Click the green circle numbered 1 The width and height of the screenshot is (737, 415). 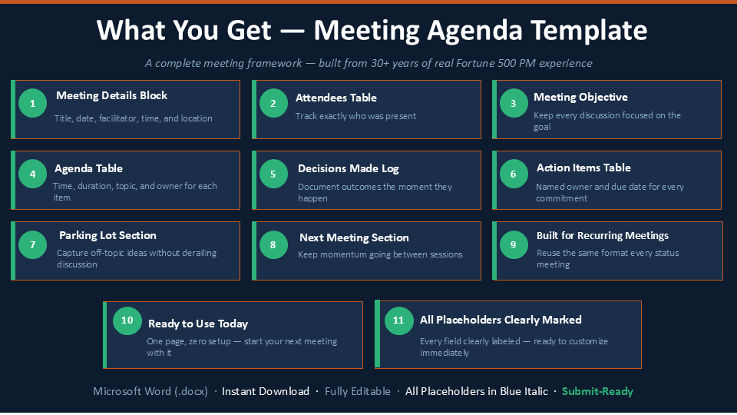coord(32,103)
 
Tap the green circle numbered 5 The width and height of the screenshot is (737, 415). coord(273,174)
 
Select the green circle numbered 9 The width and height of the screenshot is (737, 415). coord(514,244)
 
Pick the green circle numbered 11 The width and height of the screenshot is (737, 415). coord(398,320)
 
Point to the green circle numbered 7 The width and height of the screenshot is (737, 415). coord(32,244)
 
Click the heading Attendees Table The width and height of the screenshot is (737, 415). coord(336,98)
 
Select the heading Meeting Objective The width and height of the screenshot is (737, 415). coord(580,98)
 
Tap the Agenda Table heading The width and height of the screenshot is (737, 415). coord(88,168)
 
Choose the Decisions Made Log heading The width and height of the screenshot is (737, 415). coord(349,168)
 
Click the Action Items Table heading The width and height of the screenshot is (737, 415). coord(583,168)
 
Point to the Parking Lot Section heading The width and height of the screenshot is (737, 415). coord(107,235)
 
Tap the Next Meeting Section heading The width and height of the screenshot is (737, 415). coord(354,237)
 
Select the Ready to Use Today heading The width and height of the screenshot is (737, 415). coord(198,324)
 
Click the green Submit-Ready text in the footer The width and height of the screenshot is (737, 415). coord(597,391)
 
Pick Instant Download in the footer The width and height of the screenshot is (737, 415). coord(266,391)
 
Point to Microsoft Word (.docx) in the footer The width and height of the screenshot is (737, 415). coord(150,391)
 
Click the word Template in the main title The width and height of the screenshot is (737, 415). coord(590,30)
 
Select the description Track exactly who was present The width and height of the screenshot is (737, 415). coord(355,116)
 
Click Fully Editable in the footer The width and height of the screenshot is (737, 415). coord(358,391)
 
